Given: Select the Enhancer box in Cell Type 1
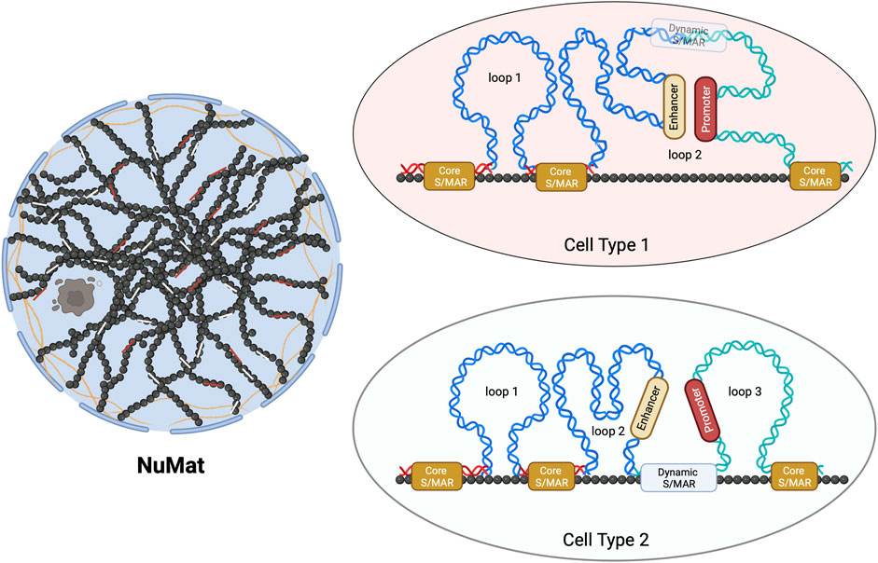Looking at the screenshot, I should pos(673,109).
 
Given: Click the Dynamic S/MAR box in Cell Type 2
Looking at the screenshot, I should pos(679,478).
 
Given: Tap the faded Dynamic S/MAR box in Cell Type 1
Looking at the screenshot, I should pos(689,35).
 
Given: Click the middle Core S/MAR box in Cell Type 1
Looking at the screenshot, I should pos(561,176).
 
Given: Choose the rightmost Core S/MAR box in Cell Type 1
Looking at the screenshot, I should pos(815,176).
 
